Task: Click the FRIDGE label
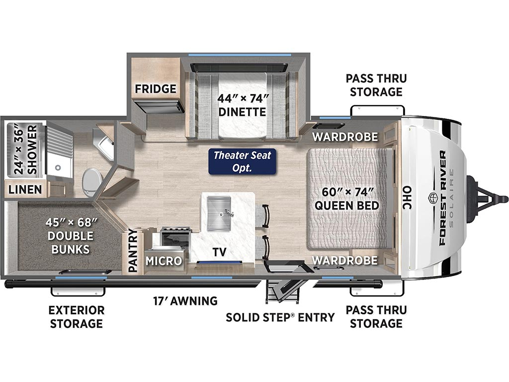point(156,89)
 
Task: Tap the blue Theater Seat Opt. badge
point(242,162)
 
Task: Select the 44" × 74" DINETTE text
point(242,105)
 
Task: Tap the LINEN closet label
point(25,190)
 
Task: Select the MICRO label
point(164,261)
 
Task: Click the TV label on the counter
point(220,252)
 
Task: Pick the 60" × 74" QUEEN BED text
point(347,198)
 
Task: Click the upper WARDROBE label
point(345,137)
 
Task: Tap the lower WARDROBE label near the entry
point(345,260)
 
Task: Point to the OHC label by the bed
point(407,197)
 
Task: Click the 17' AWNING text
point(185,301)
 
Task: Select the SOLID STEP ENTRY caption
point(280,317)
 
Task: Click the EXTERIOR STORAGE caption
point(77,317)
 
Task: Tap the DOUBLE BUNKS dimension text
point(71,236)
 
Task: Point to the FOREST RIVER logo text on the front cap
point(442,198)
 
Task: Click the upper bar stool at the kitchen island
point(263,216)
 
